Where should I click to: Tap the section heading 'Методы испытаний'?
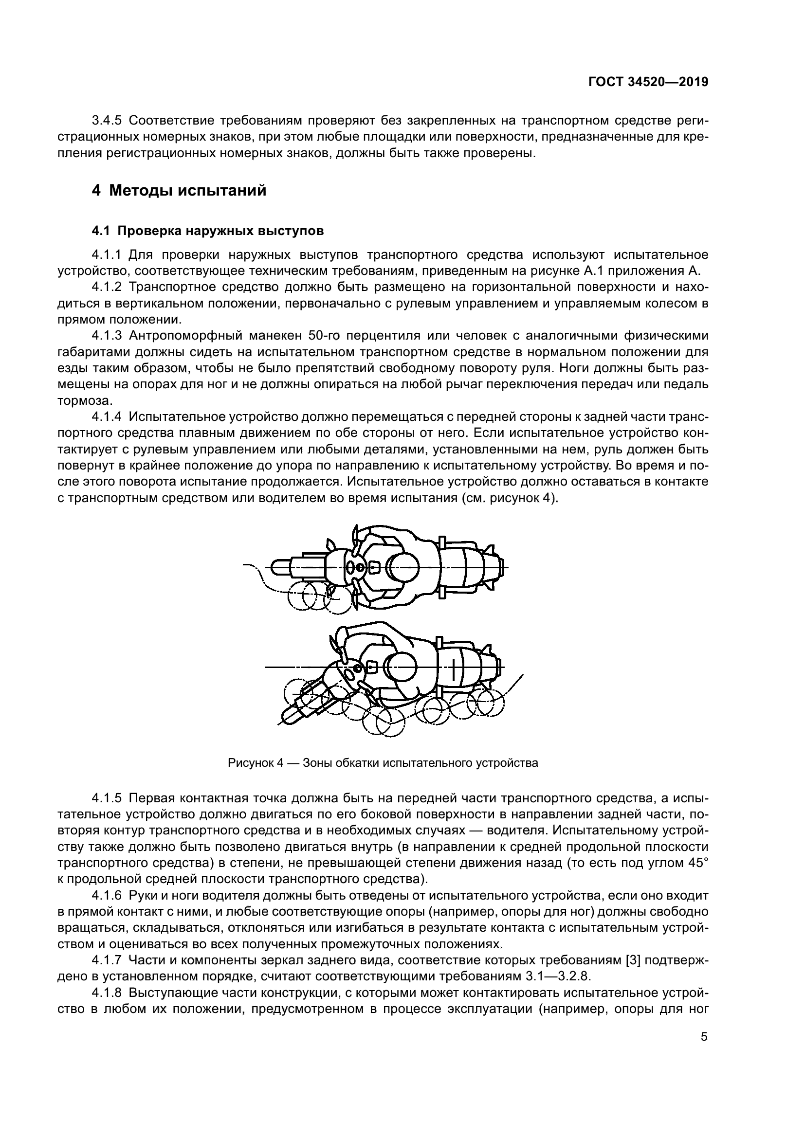187,190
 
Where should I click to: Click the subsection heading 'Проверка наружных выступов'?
221,231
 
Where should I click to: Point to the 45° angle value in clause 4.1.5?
697,863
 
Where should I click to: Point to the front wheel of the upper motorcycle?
283,566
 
